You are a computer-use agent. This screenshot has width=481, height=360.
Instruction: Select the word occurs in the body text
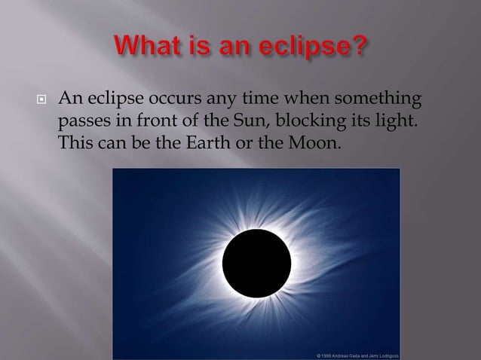170,99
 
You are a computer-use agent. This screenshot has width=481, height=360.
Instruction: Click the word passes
80,121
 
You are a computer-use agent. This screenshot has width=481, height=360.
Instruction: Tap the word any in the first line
218,99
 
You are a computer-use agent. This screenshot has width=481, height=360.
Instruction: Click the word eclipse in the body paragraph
114,99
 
